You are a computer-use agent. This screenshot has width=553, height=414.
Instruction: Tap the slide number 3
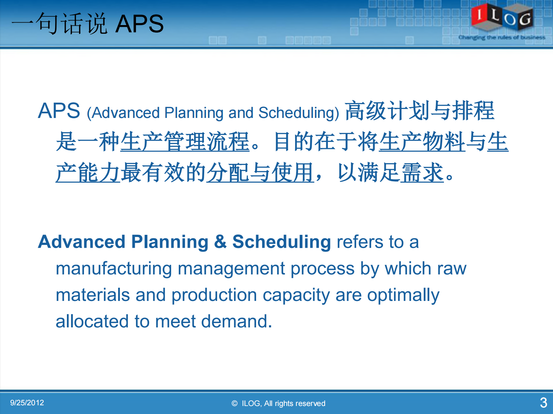click(543, 403)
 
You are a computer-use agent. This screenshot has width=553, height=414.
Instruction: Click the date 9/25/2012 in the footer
click(27, 403)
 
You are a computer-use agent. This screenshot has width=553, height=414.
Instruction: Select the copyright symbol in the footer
click(235, 404)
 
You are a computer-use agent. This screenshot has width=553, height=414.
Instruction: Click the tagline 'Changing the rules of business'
click(501, 37)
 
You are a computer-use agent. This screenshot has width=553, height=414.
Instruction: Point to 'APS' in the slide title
click(139, 24)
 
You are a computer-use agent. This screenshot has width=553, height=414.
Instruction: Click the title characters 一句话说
click(59, 24)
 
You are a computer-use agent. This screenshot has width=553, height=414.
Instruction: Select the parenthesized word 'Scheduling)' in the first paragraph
click(299, 113)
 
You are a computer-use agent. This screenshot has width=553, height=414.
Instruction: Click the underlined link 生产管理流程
click(185, 142)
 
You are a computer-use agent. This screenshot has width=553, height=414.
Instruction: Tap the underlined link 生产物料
click(422, 142)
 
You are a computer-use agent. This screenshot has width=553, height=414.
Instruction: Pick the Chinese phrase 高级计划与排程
click(420, 111)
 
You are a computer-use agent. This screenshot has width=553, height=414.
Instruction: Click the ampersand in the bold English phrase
click(220, 241)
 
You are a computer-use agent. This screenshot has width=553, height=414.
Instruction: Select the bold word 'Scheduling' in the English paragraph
click(282, 242)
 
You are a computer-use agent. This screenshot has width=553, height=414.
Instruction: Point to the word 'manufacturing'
click(114, 269)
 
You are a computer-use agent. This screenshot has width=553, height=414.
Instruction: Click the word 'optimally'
click(403, 295)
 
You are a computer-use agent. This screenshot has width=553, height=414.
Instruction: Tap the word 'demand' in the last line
click(234, 321)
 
